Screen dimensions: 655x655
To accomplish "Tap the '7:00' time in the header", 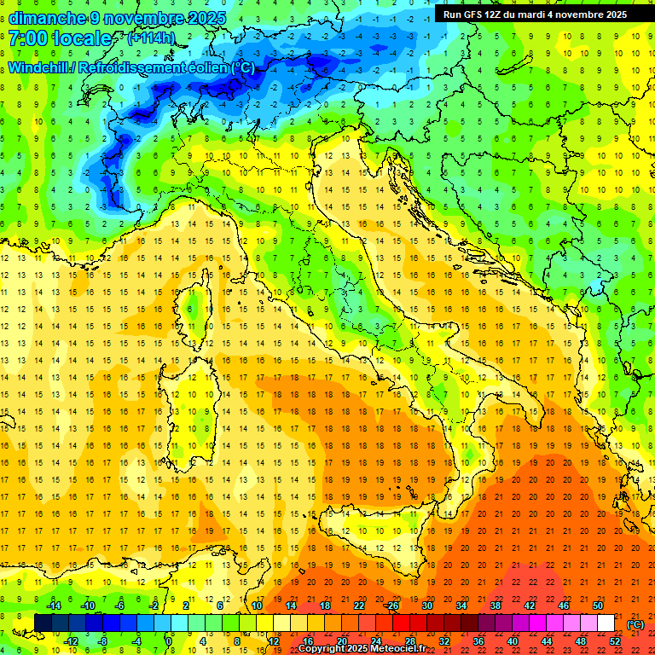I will (x=28, y=39).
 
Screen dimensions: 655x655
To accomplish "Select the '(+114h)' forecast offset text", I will (x=151, y=38).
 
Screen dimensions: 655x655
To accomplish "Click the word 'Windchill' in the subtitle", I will (x=39, y=68).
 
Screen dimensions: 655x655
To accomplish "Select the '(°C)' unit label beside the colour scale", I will (x=635, y=624).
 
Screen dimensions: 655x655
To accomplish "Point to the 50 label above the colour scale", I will (x=597, y=606).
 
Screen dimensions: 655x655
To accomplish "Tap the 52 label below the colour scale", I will (x=615, y=641).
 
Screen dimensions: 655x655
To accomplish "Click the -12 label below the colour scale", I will (x=71, y=641).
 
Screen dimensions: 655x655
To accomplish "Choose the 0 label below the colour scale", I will (x=169, y=641).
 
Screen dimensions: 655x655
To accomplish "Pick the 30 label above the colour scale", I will (x=426, y=606).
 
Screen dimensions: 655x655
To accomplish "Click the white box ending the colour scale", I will (x=606, y=623).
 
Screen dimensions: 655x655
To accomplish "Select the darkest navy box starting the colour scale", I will (x=43, y=623).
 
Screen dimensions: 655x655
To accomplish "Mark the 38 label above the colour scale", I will (x=495, y=606).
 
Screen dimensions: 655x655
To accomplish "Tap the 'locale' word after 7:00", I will (x=82, y=39).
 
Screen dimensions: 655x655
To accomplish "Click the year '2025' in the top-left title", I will (x=206, y=18).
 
